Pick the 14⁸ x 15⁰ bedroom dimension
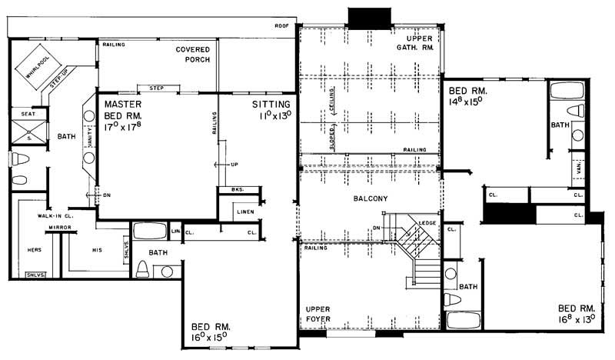470,100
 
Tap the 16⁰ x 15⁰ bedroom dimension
210,336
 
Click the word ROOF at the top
281,27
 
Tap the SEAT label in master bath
28,114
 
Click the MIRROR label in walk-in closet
59,228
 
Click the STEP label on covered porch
157,87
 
